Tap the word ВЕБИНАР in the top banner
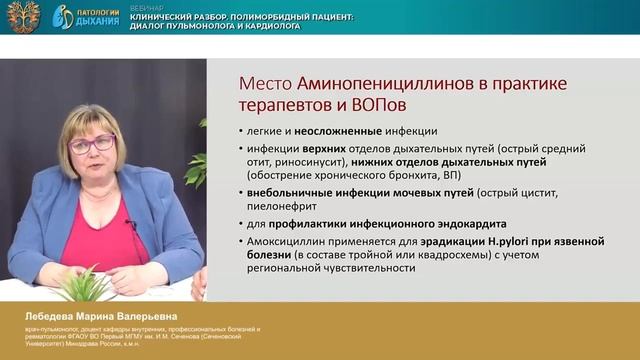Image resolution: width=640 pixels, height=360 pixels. (x=140, y=7)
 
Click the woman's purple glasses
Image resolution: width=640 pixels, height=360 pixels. (x=93, y=144)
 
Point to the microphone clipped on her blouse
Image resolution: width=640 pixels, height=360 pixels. (x=130, y=225)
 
